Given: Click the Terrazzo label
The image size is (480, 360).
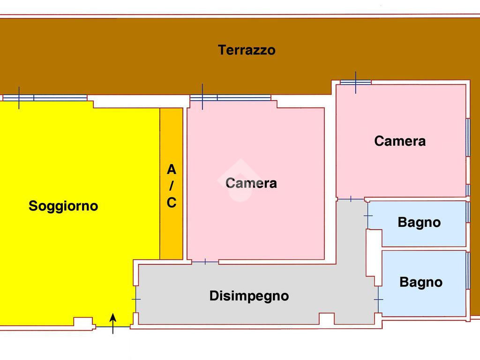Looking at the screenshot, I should click(x=247, y=50).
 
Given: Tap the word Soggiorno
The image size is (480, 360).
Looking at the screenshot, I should click(x=63, y=206).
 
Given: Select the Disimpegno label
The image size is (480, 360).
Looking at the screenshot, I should click(x=249, y=296).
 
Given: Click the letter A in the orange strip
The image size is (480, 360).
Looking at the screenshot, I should click(x=172, y=169).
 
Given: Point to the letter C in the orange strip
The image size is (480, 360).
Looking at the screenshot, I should click(x=172, y=203).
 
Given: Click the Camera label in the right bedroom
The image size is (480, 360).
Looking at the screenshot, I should click(x=400, y=141).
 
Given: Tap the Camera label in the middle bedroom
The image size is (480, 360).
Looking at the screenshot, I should click(x=251, y=183).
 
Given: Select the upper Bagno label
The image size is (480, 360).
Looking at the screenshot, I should click(x=419, y=222).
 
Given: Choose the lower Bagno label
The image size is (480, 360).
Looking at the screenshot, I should click(x=421, y=282).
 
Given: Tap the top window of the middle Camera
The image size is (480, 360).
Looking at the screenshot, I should click(x=230, y=98).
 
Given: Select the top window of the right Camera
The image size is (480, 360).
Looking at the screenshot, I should click(x=355, y=82).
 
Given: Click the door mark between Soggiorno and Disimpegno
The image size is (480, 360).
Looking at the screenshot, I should click(x=136, y=299).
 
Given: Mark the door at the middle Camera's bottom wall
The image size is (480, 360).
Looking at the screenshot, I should click(x=205, y=262).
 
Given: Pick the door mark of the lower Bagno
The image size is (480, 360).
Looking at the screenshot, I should click(x=378, y=299).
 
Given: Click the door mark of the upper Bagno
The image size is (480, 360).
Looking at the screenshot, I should click(x=368, y=216).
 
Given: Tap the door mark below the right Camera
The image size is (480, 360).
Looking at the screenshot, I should click(x=351, y=199).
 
